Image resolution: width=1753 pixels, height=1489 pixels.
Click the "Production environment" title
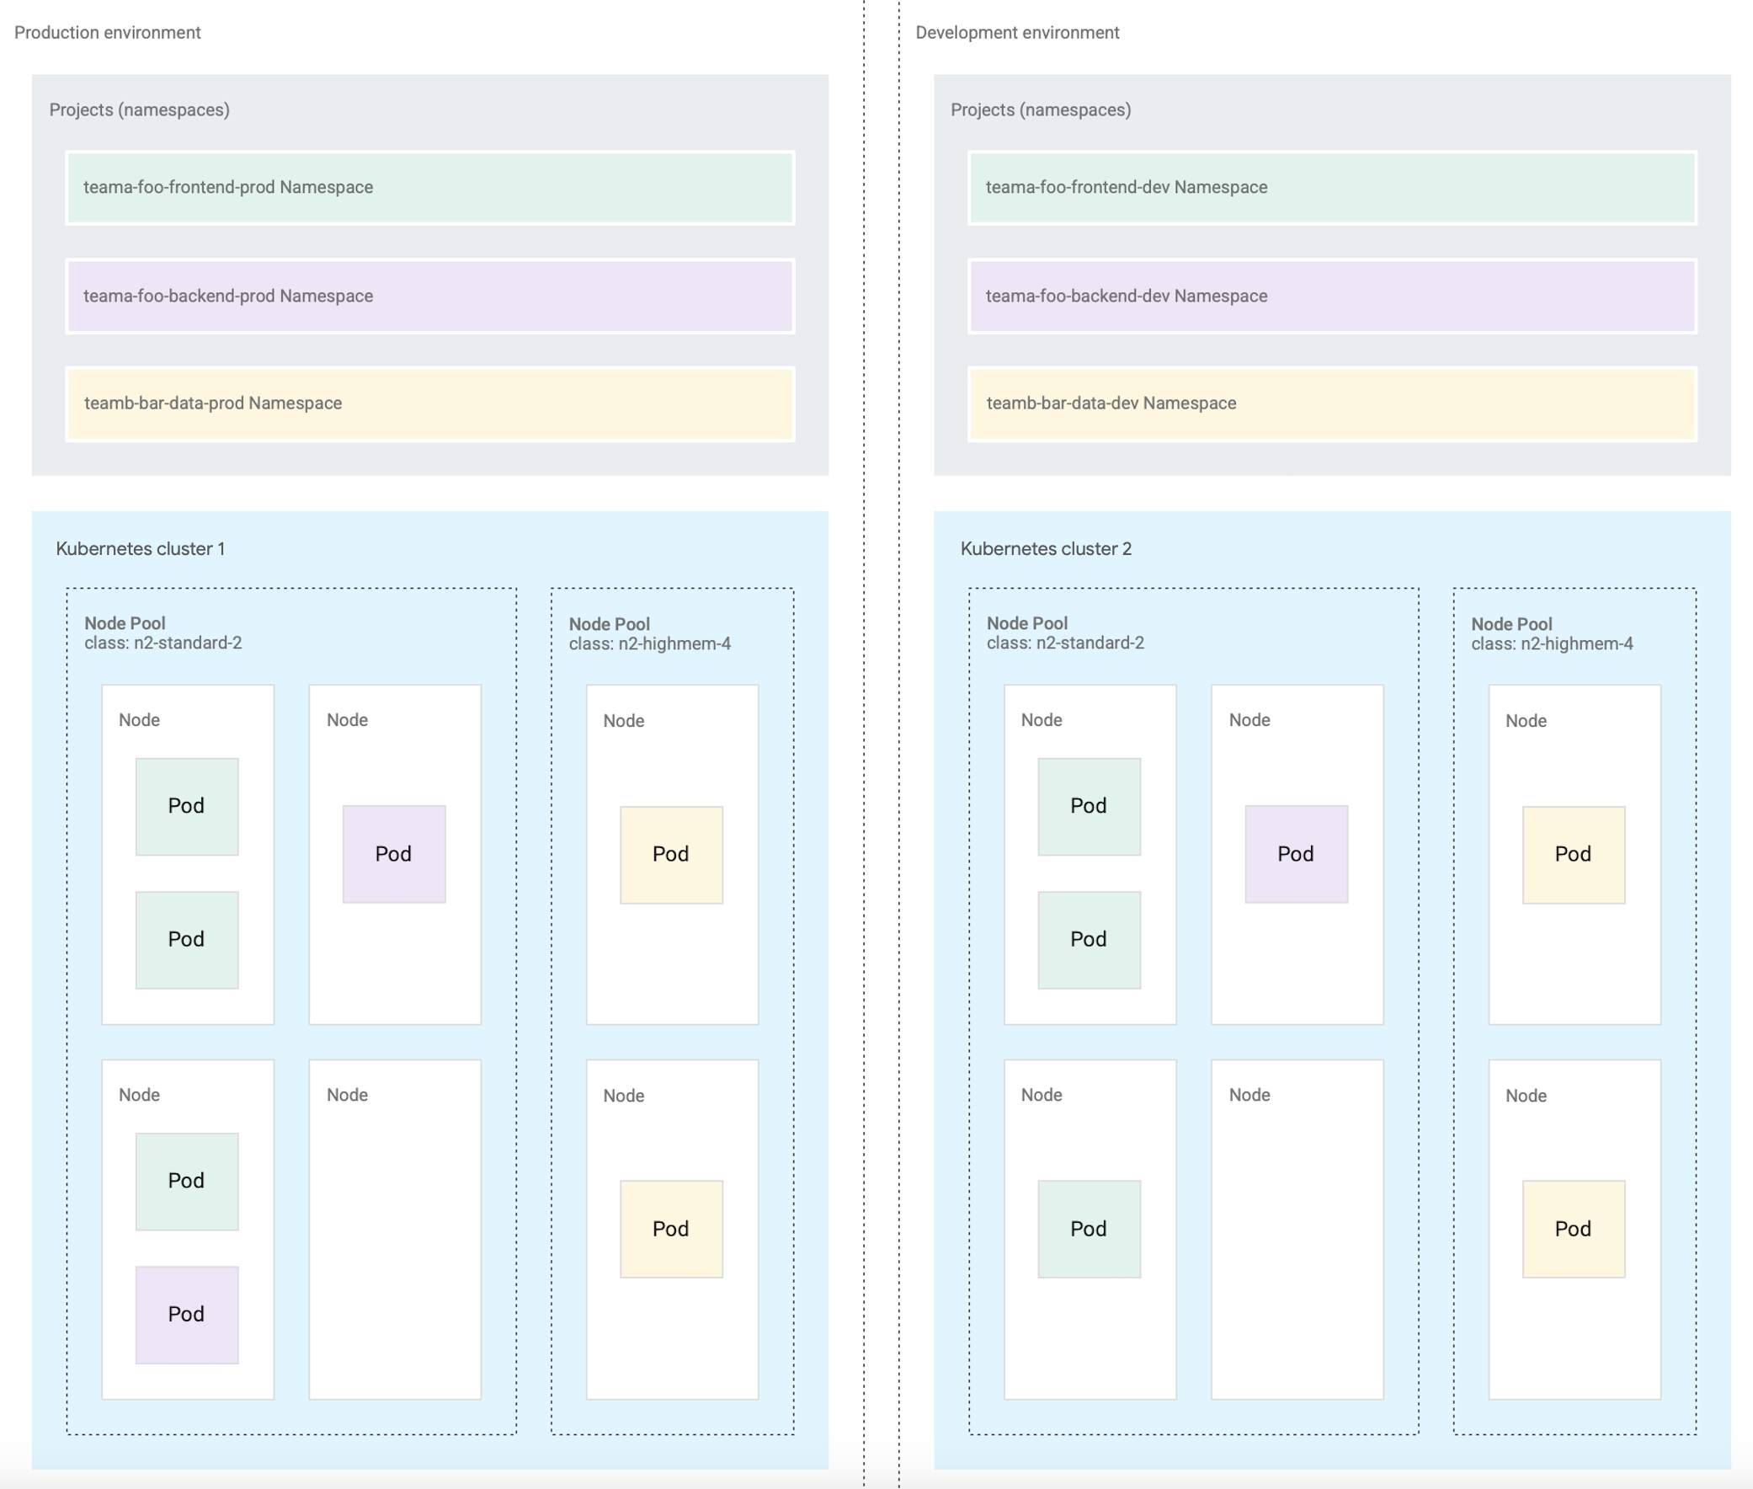[107, 33]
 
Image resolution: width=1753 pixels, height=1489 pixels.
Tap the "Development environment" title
[1017, 33]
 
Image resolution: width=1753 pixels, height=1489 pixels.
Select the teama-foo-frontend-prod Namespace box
[429, 188]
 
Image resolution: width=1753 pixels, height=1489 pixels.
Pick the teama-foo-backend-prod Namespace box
[429, 296]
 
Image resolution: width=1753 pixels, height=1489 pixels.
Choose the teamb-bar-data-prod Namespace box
[429, 403]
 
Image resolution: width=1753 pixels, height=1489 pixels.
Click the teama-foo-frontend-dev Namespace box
[1332, 188]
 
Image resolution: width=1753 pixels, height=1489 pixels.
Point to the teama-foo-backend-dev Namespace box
[1332, 296]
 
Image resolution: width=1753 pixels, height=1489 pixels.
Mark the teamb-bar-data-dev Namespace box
[1332, 403]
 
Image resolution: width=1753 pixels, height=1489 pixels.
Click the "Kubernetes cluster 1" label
[140, 548]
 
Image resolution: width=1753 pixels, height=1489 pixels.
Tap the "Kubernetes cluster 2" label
[1046, 548]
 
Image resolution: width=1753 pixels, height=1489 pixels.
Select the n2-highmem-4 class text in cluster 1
[649, 644]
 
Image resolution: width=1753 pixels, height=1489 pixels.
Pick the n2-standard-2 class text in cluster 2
[1065, 643]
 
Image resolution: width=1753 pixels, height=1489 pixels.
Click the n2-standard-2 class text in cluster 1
[163, 643]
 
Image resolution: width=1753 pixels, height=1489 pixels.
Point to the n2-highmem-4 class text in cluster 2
[1551, 644]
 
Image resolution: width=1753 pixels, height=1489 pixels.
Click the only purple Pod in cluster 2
[1296, 854]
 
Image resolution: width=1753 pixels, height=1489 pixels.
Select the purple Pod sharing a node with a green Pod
[187, 1315]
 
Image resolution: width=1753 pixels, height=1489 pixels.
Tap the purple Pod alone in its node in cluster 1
[393, 854]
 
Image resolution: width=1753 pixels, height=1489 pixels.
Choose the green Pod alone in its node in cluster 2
[1089, 1229]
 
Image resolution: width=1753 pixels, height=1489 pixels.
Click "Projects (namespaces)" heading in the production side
[139, 109]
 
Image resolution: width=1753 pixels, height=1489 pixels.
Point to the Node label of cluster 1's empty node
[347, 1095]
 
